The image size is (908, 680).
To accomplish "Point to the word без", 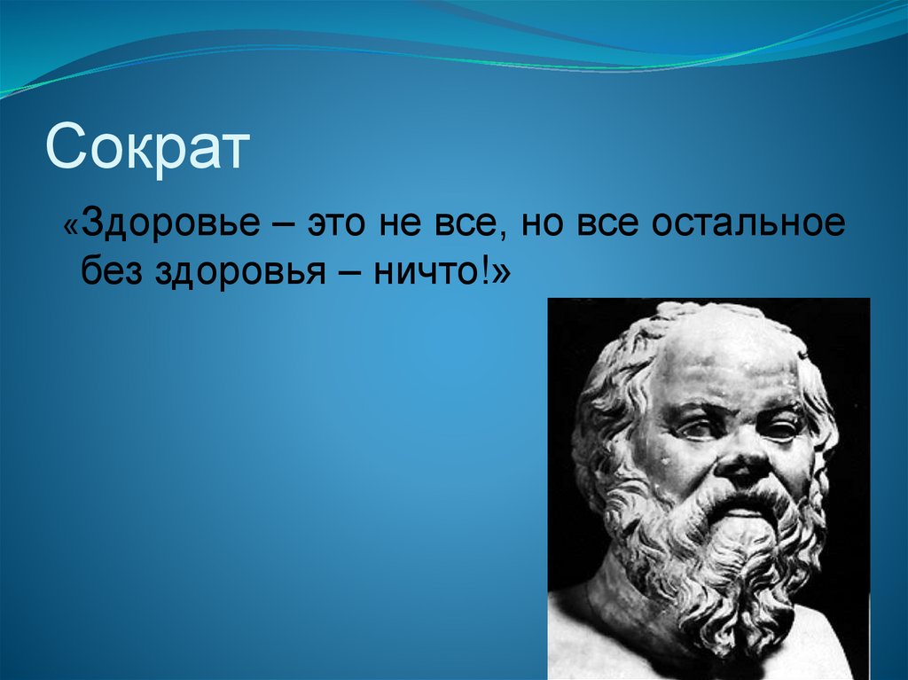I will click(114, 271).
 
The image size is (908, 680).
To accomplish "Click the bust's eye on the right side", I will click(781, 430).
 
